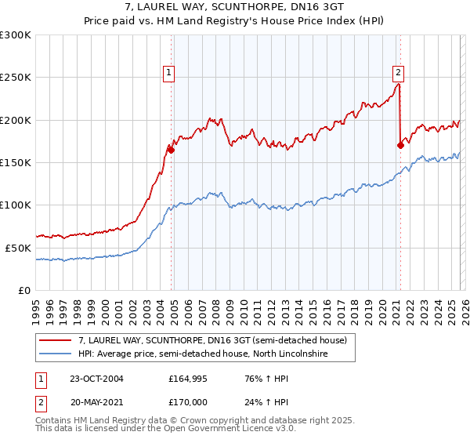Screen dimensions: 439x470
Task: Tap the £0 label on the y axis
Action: point(23,290)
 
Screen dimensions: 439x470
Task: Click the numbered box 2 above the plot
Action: point(398,74)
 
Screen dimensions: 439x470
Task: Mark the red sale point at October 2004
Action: point(171,150)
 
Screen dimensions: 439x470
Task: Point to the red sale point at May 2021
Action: point(400,145)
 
